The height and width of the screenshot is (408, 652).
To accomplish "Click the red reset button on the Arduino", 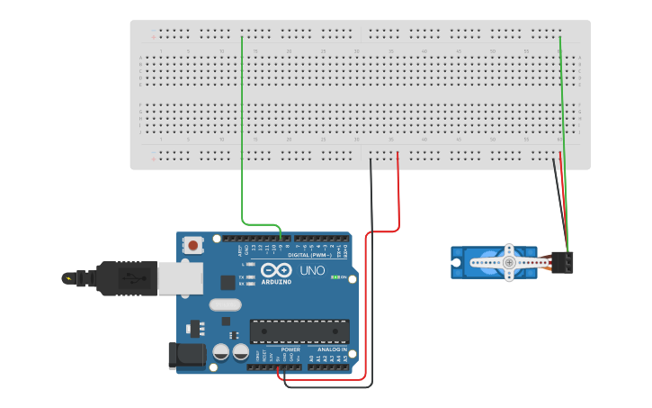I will tap(193, 244).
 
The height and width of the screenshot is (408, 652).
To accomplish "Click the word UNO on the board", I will tap(312, 270).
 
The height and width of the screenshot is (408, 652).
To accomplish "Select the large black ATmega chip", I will tap(299, 331).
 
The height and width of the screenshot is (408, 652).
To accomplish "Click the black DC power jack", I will tap(186, 355).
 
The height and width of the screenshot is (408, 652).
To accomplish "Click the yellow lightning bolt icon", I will tap(68, 277).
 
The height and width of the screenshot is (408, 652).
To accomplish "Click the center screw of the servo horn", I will tap(509, 262).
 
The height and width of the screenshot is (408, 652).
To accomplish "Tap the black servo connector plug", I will tap(566, 262).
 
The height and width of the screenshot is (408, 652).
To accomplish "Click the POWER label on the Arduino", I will tap(290, 349).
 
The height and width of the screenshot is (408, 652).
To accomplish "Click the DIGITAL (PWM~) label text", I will tap(310, 255).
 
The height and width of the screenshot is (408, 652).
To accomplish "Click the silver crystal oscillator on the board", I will tap(226, 304).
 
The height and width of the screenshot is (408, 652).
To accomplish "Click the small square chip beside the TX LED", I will tap(227, 282).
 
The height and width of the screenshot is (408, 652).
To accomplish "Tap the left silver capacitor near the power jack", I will tap(220, 352).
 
